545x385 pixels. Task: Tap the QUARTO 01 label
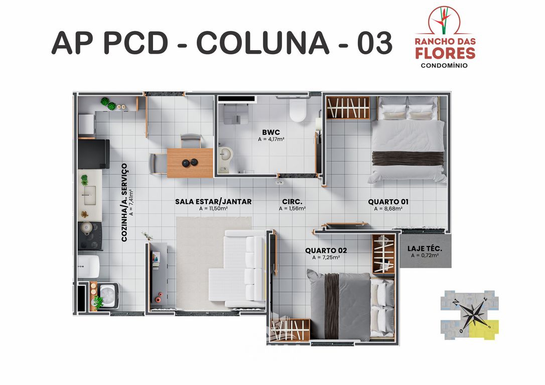pyautogui.click(x=388, y=202)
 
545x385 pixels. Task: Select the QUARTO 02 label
pyautogui.click(x=326, y=250)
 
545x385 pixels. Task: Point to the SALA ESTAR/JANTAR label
pyautogui.click(x=213, y=202)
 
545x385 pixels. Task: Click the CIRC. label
pyautogui.click(x=292, y=202)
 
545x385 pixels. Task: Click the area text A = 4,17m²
pyautogui.click(x=271, y=139)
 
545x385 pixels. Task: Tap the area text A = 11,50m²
pyautogui.click(x=213, y=209)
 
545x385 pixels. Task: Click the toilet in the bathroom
pyautogui.click(x=298, y=110)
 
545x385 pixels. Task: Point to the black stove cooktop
pyautogui.click(x=90, y=235)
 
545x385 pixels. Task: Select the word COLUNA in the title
pyautogui.click(x=262, y=44)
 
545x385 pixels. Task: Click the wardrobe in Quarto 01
pyautogui.click(x=348, y=108)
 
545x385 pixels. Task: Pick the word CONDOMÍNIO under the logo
pyautogui.click(x=445, y=65)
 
